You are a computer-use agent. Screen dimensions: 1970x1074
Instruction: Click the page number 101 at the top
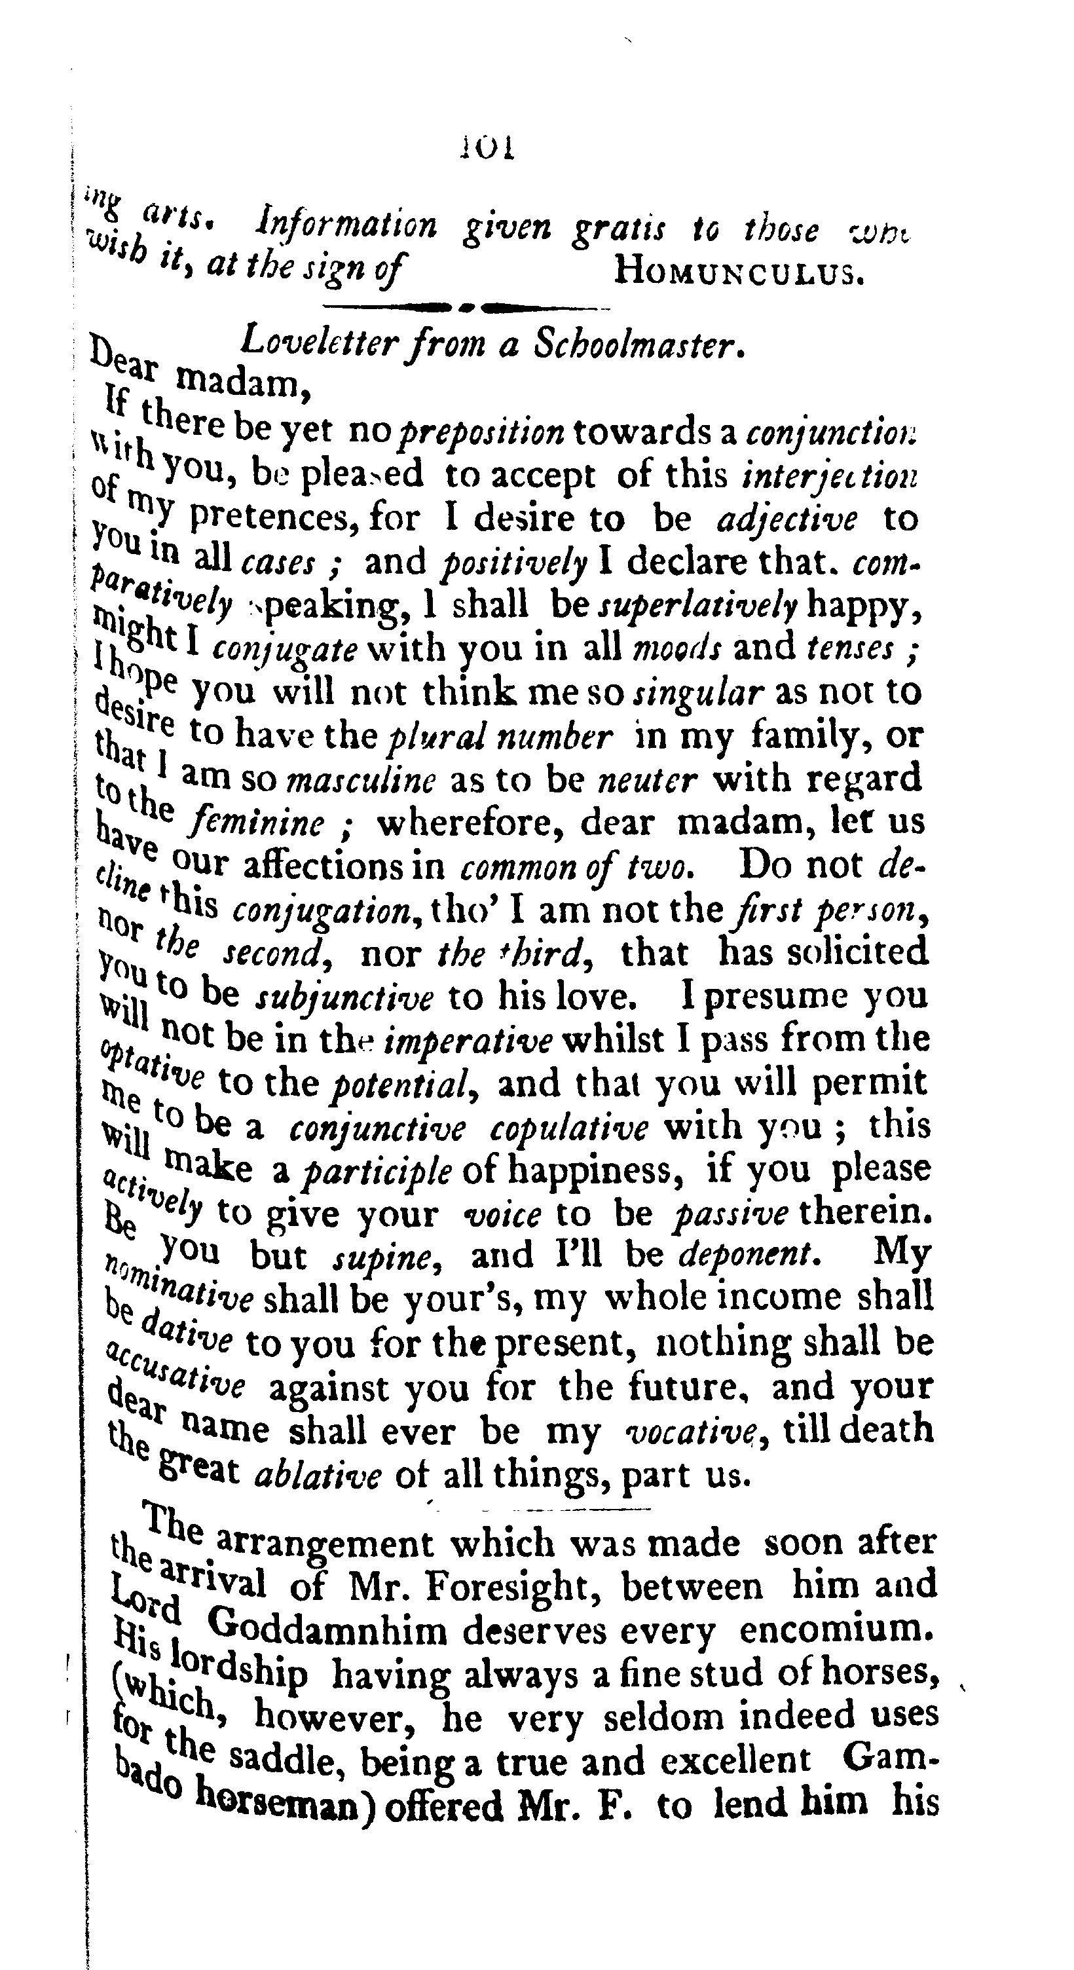pyautogui.click(x=487, y=146)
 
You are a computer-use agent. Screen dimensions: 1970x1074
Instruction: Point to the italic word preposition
pyautogui.click(x=483, y=433)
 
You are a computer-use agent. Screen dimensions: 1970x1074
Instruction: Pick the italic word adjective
pyautogui.click(x=787, y=519)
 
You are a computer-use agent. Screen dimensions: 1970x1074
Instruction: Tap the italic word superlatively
pyautogui.click(x=697, y=606)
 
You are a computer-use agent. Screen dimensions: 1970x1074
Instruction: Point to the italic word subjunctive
pyautogui.click(x=344, y=998)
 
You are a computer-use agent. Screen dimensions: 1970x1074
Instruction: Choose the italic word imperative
pyautogui.click(x=468, y=1041)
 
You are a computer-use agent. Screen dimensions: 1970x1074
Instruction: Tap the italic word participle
pyautogui.click(x=377, y=1172)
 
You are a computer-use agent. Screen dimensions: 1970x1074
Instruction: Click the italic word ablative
pyautogui.click(x=317, y=1475)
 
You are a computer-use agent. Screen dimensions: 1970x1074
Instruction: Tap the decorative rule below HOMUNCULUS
pyautogui.click(x=467, y=308)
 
